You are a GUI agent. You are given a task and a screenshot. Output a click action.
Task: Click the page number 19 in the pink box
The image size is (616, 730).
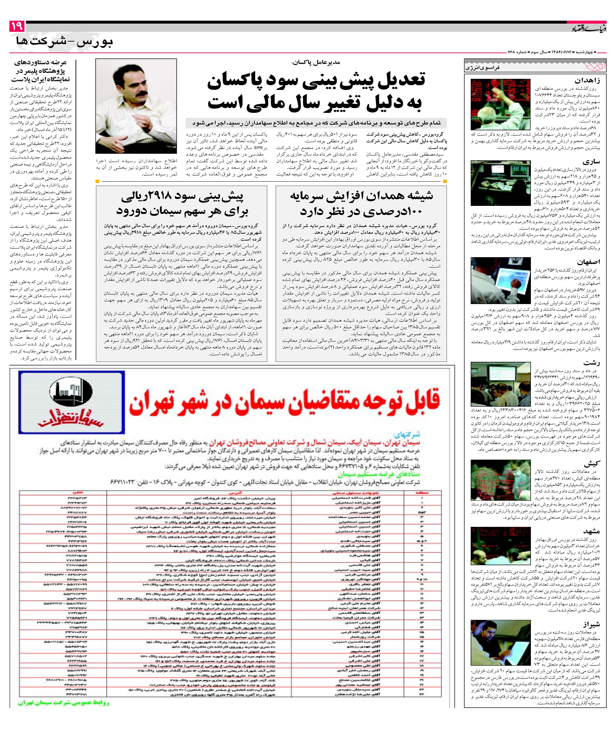click(16, 26)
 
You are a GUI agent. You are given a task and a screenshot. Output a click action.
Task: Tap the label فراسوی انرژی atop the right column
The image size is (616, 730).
click(485, 67)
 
